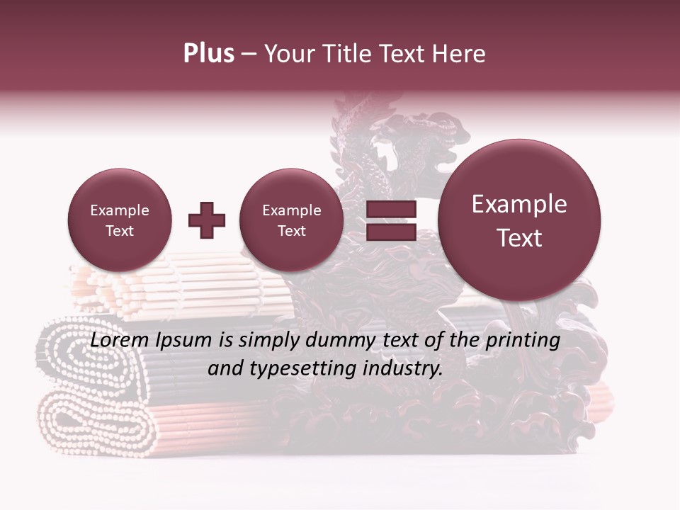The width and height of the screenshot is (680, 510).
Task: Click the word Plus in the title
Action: pos(208,54)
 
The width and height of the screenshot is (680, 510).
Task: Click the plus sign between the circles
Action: pos(207,220)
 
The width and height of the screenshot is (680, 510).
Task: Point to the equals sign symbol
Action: pos(390,220)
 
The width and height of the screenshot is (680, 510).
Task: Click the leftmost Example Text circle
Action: pos(120,220)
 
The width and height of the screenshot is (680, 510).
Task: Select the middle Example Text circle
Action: pos(291,220)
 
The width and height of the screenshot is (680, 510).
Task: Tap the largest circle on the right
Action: pos(519,220)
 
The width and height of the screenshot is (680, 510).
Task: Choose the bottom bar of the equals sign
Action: pos(390,232)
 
